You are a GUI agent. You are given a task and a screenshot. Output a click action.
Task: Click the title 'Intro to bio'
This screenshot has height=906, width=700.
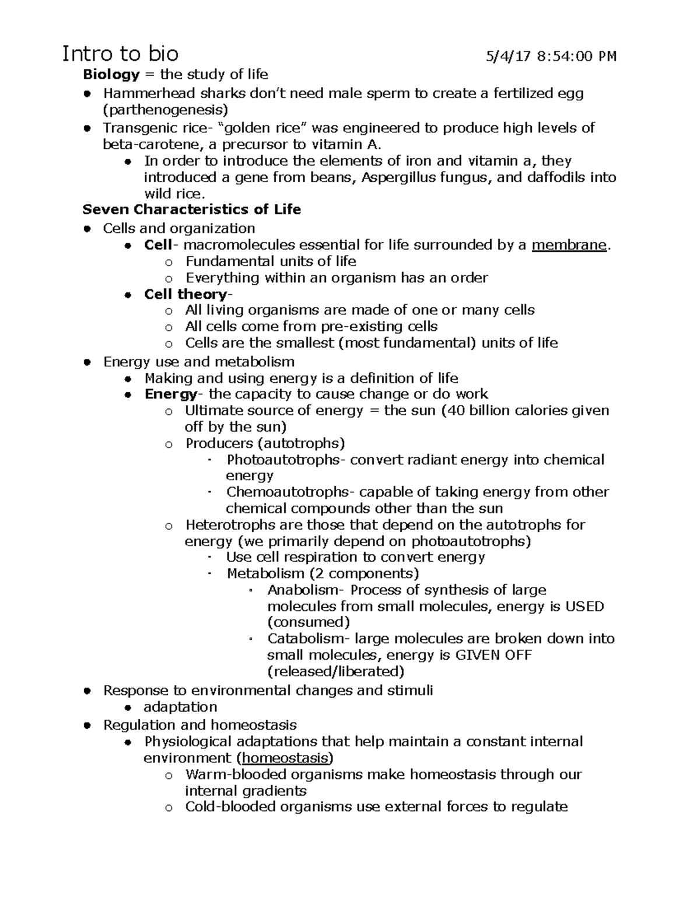120,54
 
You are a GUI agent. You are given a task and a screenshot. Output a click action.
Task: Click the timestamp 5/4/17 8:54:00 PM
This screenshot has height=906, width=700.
551,57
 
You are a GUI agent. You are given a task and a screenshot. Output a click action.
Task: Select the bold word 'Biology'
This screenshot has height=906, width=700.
111,75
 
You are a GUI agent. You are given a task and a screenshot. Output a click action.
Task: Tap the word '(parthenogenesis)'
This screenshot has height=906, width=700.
166,110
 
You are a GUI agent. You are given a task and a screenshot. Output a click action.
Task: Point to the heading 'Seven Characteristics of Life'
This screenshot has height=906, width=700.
191,209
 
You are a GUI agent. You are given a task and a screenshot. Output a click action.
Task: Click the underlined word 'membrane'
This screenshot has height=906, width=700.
569,245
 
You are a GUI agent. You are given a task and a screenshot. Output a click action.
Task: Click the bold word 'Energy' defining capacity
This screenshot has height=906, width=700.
170,394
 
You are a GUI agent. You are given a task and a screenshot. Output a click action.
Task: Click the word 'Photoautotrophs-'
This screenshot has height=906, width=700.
286,460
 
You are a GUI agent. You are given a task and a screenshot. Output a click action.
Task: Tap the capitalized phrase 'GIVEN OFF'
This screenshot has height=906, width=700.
493,655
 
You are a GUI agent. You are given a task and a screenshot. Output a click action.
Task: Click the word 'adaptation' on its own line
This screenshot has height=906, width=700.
180,707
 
